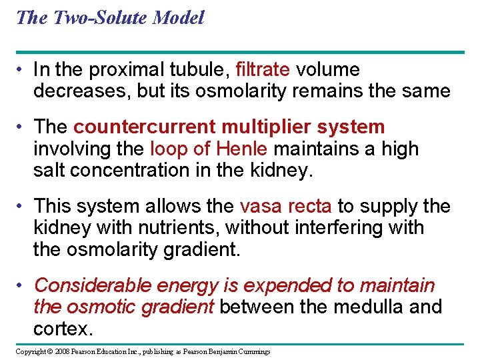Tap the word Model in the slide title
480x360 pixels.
[178, 18]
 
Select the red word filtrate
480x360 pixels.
[263, 70]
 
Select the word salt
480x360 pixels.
[49, 170]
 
